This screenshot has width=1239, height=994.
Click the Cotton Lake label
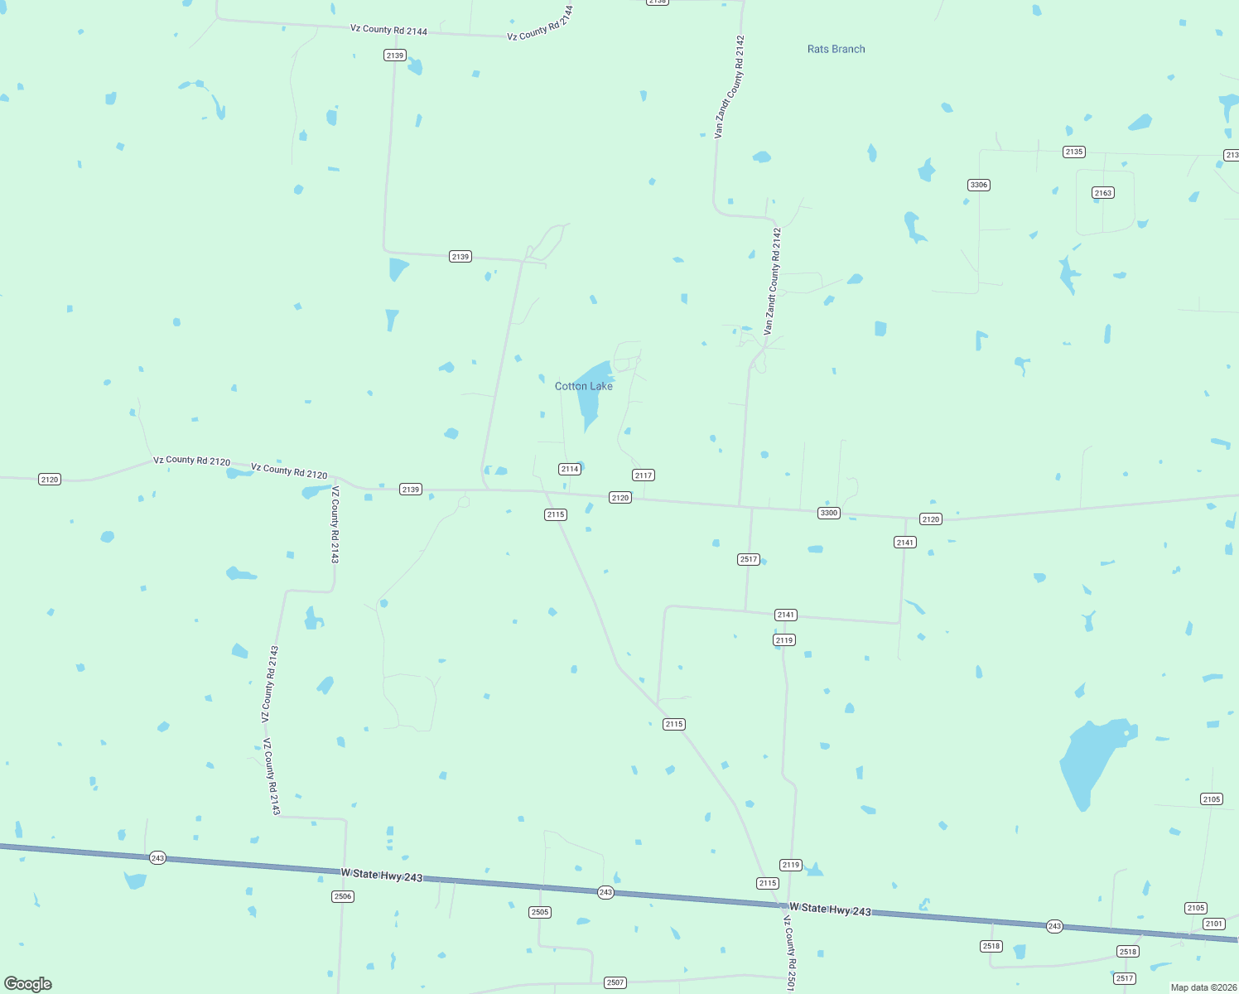tap(584, 386)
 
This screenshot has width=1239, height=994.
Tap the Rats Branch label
tap(836, 49)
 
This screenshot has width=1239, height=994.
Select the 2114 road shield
tap(570, 469)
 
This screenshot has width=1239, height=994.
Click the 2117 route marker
tap(644, 475)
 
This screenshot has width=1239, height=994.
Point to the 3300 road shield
tap(829, 513)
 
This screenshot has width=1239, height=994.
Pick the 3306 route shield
tap(979, 185)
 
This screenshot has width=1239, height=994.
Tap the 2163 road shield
tap(1103, 193)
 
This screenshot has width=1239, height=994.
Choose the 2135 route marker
tap(1074, 152)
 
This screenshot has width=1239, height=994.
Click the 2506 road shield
tap(343, 896)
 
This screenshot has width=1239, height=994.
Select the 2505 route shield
tap(540, 912)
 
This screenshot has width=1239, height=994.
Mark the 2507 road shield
tap(615, 982)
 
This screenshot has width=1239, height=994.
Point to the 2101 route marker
tap(1214, 924)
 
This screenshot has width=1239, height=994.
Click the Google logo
tap(28, 984)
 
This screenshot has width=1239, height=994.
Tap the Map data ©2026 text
tap(1203, 987)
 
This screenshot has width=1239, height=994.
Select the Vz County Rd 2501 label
tap(790, 953)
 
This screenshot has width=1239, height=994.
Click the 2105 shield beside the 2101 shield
tap(1196, 908)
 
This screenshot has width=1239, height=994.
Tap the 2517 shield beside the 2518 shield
tap(1124, 978)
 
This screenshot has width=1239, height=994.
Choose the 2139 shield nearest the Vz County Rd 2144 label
tap(395, 55)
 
